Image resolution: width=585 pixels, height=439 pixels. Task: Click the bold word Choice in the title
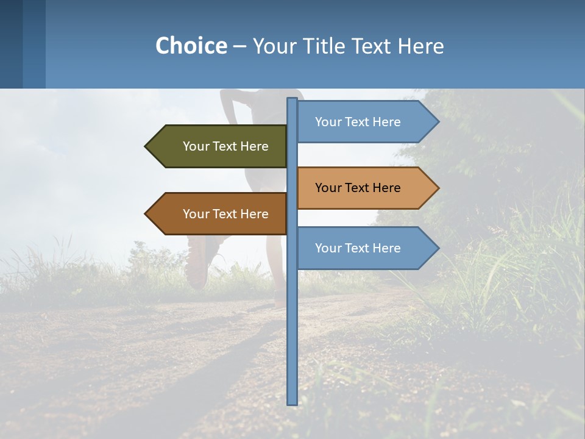tap(191, 46)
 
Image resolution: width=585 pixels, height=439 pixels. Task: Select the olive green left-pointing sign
tap(219, 146)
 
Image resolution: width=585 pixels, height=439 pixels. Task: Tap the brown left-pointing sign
tap(219, 214)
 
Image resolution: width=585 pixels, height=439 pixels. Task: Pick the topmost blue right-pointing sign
tap(363, 122)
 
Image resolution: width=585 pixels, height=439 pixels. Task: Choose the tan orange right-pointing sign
tap(363, 188)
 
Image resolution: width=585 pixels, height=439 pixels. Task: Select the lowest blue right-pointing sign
tap(363, 248)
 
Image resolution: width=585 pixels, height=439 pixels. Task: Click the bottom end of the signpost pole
tap(292, 402)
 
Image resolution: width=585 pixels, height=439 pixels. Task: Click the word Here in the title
tap(421, 46)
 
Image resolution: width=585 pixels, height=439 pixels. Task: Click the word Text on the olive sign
tap(225, 146)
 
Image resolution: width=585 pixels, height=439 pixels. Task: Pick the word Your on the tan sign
tap(328, 188)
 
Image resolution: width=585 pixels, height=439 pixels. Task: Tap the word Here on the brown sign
tap(255, 214)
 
